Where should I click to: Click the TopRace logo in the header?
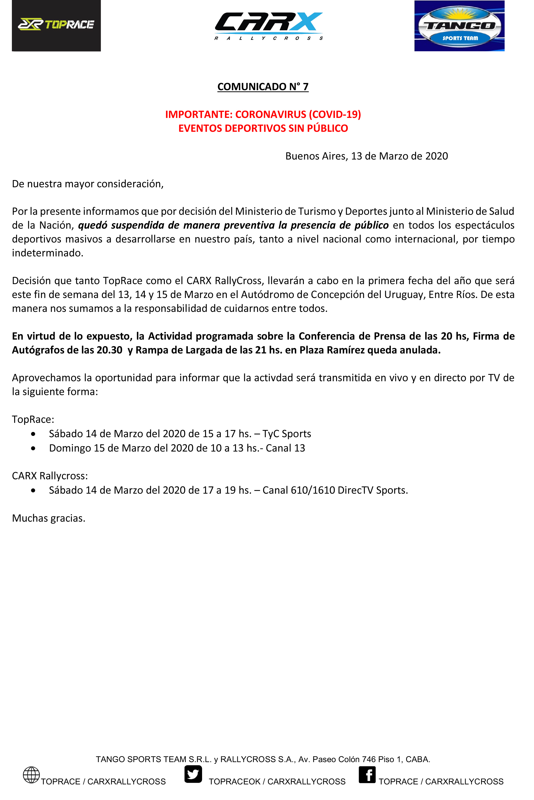coord(56,25)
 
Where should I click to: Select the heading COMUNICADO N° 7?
coord(263,86)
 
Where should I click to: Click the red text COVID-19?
coord(335,114)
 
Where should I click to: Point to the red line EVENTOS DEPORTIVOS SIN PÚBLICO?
coord(263,128)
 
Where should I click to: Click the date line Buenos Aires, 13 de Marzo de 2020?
coord(367,156)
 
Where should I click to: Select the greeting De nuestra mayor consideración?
coord(87,184)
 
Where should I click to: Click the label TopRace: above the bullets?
coord(33,419)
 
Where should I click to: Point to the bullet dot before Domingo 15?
coord(33,448)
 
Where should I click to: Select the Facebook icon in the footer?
coord(367,775)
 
